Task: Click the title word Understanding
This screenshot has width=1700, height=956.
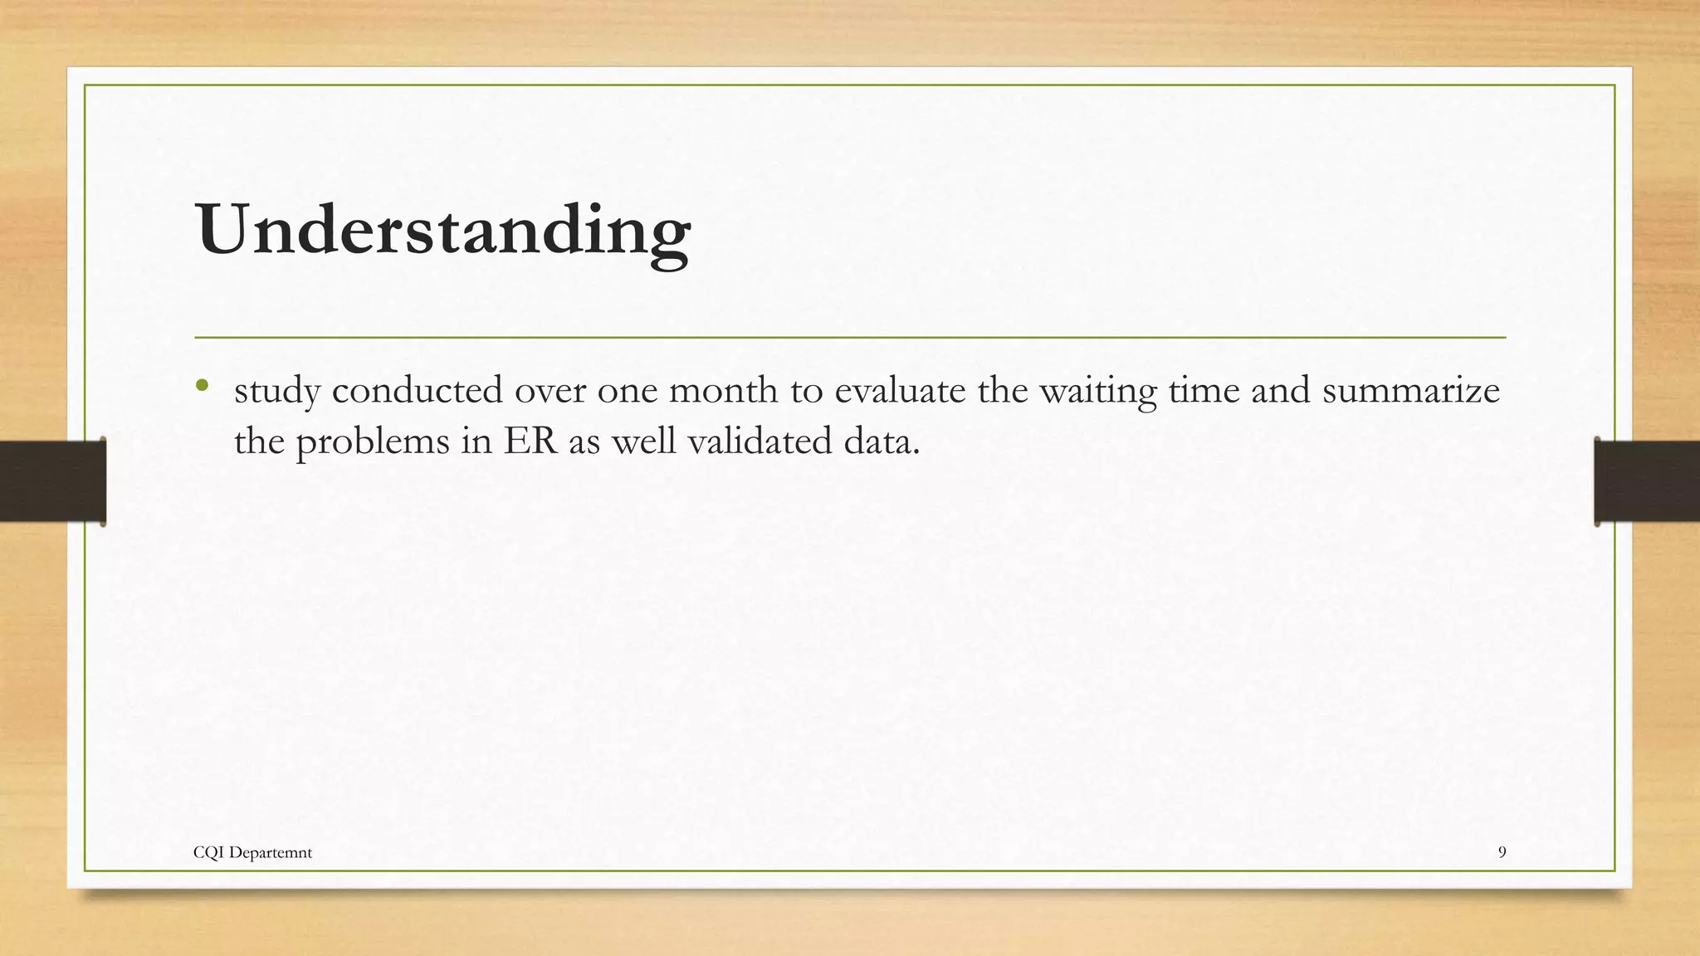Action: click(x=443, y=231)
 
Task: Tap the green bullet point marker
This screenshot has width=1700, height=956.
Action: click(x=202, y=386)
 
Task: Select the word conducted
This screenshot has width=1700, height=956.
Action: click(x=417, y=390)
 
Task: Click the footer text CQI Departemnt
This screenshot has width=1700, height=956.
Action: click(x=252, y=852)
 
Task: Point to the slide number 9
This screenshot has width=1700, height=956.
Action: click(x=1502, y=852)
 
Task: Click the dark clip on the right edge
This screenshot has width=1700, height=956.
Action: click(x=1646, y=481)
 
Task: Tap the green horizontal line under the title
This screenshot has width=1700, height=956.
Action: click(x=850, y=338)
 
